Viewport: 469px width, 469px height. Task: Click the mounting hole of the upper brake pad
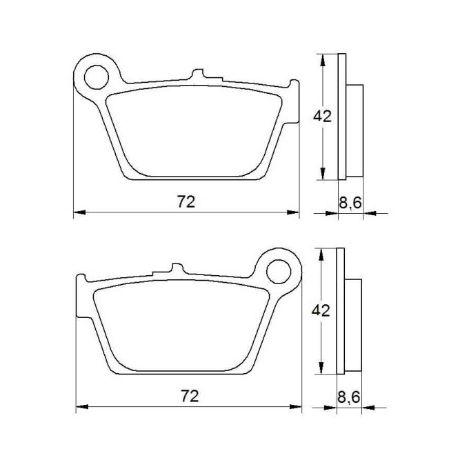point(97,77)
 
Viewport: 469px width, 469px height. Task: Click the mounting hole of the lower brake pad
point(279,272)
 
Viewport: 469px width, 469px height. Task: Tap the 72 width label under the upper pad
point(186,201)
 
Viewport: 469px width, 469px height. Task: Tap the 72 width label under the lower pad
point(190,396)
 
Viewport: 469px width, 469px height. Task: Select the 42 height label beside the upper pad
point(322,117)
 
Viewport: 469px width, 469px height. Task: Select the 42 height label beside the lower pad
point(321,311)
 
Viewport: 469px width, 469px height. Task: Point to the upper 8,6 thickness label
point(350,203)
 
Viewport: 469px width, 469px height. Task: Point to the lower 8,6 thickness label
point(348,398)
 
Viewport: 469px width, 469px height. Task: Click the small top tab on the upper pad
point(198,74)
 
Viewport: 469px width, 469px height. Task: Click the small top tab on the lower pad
point(177,268)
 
